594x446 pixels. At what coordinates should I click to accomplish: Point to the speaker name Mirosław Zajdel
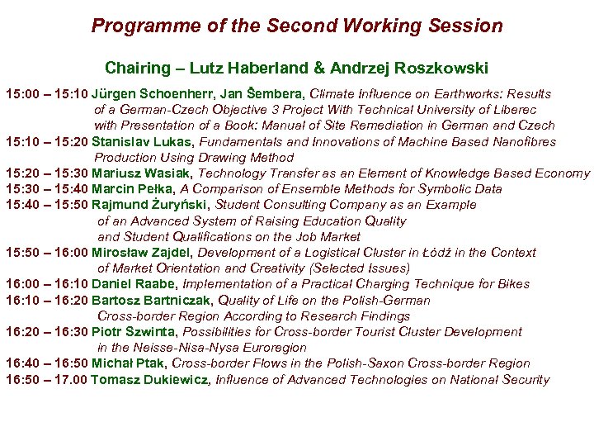click(x=142, y=253)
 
